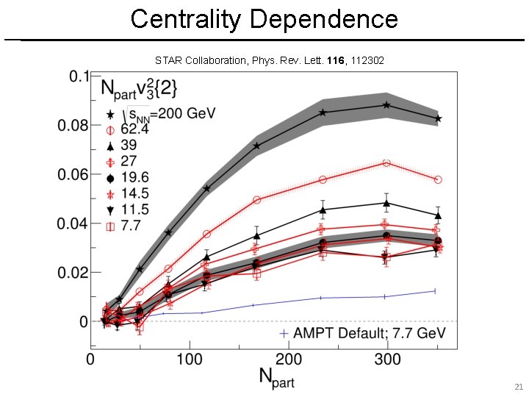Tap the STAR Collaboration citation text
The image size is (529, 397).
270,60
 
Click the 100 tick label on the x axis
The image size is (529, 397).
190,360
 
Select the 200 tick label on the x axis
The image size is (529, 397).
289,360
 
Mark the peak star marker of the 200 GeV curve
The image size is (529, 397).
386,105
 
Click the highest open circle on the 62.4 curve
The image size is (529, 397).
386,162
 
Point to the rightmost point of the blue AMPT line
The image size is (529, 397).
436,291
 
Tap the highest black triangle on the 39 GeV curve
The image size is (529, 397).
386,203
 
